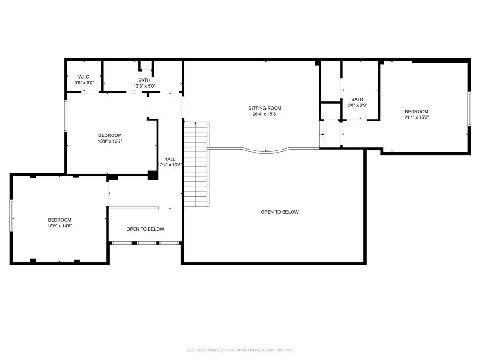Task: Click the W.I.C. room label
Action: coord(84,77)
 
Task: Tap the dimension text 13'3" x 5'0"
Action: coord(144,86)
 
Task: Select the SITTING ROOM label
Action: coord(265,108)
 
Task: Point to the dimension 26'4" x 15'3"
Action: coord(265,114)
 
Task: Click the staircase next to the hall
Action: coord(196,164)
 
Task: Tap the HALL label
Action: coord(170,159)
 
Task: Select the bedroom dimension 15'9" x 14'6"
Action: coord(60,225)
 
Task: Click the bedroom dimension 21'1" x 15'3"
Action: coord(416,117)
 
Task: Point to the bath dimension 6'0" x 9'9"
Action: coord(357,105)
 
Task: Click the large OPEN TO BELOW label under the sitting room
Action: coord(279,212)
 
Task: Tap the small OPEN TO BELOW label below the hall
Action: coord(145,229)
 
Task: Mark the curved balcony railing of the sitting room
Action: coord(266,151)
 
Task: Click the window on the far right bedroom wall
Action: coord(468,109)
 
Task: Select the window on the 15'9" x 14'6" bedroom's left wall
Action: coord(11,215)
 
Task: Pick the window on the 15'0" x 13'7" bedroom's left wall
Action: coord(66,116)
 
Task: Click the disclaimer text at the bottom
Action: coord(240,350)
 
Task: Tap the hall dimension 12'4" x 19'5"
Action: coord(170,165)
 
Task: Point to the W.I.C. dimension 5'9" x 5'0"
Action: coord(84,82)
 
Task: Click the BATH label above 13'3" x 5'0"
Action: coord(144,80)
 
